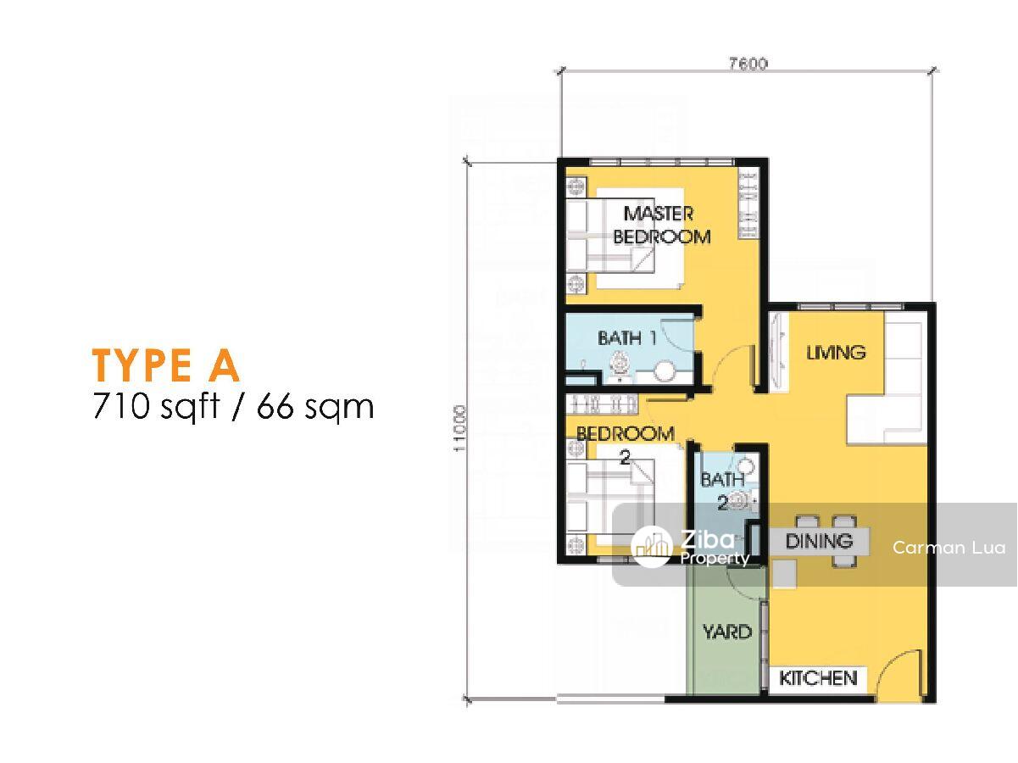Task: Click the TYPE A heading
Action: tap(165, 366)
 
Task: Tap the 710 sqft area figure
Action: tap(156, 405)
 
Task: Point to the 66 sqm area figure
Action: tap(315, 407)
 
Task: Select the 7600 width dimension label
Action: tap(747, 64)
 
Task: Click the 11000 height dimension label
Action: tap(459, 427)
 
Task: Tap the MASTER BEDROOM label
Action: tap(661, 226)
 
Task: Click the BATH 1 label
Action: tap(627, 337)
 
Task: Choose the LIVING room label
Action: tap(836, 353)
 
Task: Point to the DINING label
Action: tap(819, 541)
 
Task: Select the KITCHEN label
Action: tap(818, 678)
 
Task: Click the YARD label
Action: tap(726, 632)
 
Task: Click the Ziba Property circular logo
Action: tap(652, 548)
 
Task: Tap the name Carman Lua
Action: tap(948, 548)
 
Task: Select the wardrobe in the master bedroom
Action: tap(748, 205)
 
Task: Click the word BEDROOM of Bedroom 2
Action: tap(626, 434)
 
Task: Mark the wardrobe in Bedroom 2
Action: tap(602, 404)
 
